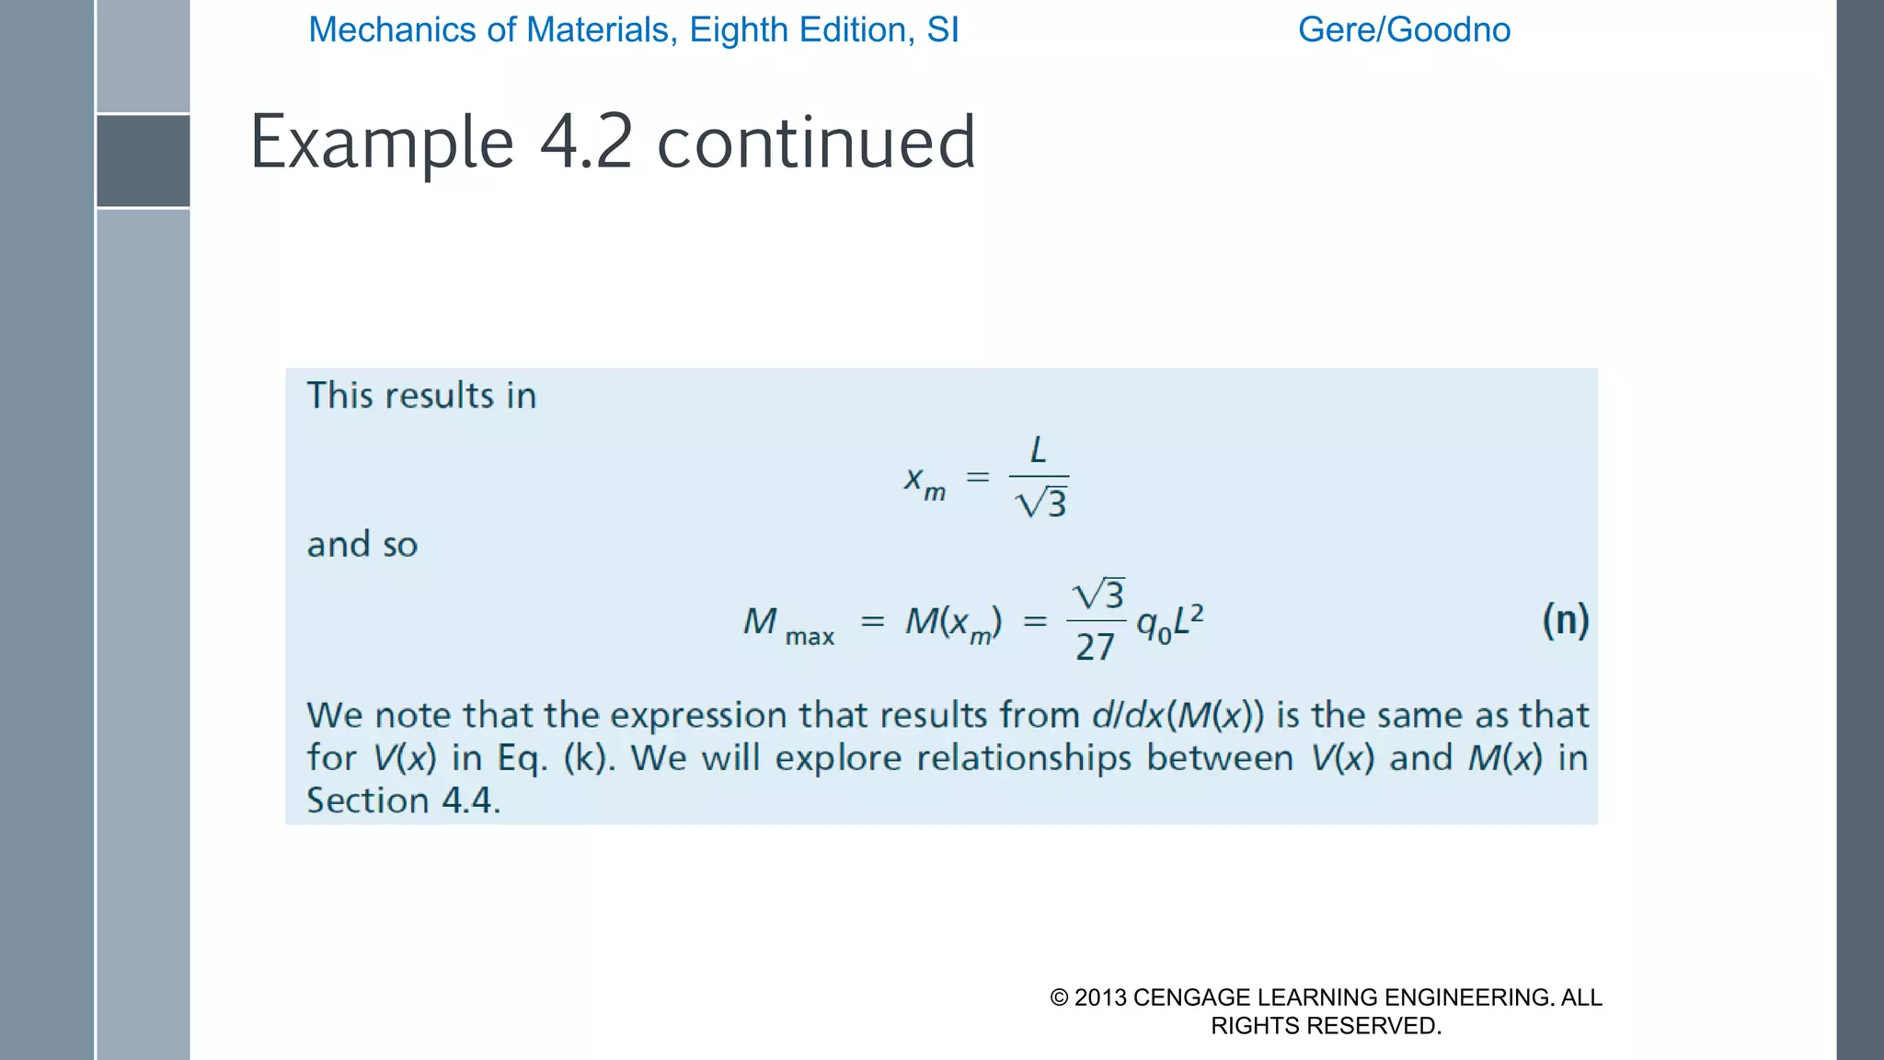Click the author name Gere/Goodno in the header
(x=1404, y=30)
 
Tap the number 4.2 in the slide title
(x=586, y=143)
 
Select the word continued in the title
(x=816, y=143)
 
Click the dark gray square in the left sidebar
(x=143, y=161)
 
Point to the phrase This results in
(x=421, y=396)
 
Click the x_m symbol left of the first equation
(x=924, y=480)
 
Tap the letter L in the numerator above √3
(x=1039, y=450)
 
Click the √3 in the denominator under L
(x=1041, y=503)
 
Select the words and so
(x=362, y=545)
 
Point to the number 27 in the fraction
(x=1095, y=648)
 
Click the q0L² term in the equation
(x=1169, y=623)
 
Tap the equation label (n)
(x=1565, y=620)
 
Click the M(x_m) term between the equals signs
(x=953, y=623)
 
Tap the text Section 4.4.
(x=403, y=801)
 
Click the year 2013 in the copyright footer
(x=1100, y=997)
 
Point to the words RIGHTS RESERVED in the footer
(x=1326, y=1026)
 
